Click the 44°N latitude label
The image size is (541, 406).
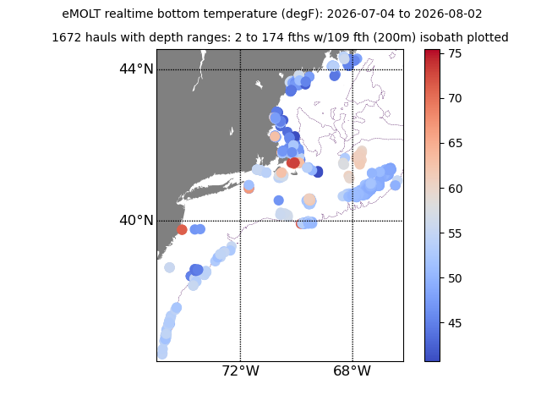point(136,69)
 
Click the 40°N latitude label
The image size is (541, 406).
point(136,220)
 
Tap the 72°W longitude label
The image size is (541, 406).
point(240,371)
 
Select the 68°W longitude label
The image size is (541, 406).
point(352,371)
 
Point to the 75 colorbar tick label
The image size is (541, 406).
point(455,53)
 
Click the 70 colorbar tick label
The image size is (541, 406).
point(455,99)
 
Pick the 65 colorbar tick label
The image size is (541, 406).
point(455,143)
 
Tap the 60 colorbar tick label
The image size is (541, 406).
point(455,189)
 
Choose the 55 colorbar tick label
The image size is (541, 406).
point(455,233)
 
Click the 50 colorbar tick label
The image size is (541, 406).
point(455,278)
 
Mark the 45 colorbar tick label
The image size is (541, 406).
point(455,323)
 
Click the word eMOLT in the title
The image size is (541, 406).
point(82,14)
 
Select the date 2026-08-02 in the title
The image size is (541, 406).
point(448,14)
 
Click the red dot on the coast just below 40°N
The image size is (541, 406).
point(182,229)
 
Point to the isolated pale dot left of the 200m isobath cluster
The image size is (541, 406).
point(169,267)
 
